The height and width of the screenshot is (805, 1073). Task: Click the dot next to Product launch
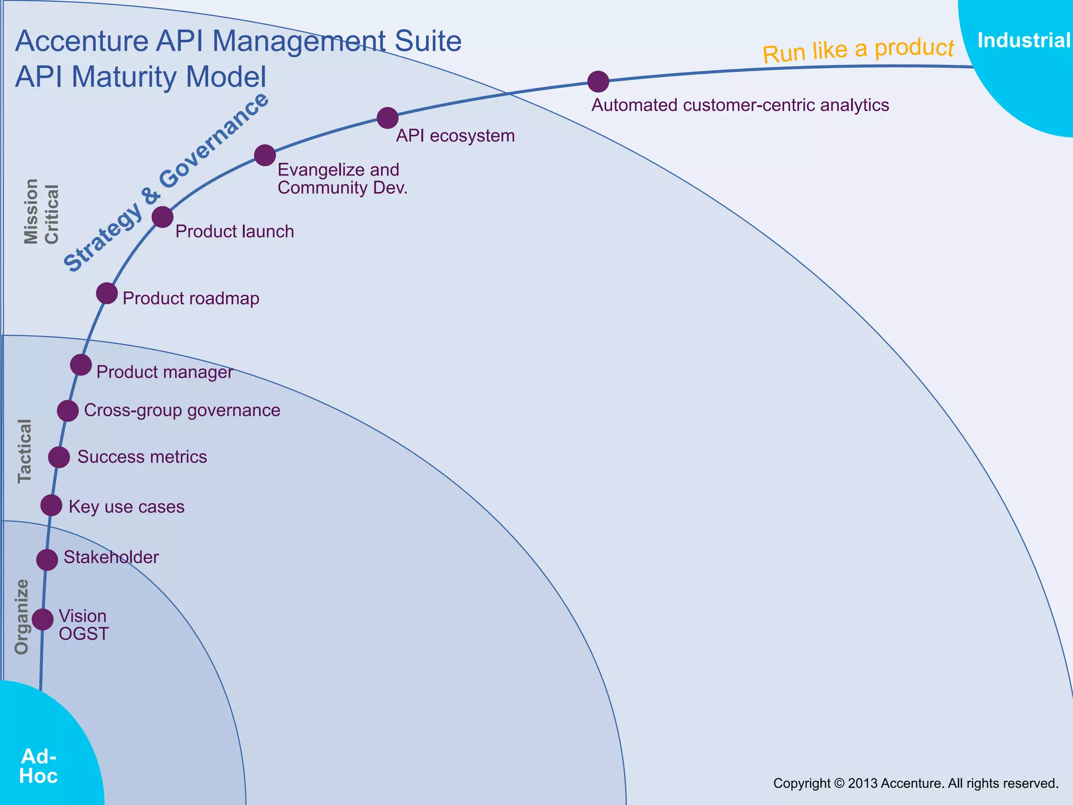click(162, 216)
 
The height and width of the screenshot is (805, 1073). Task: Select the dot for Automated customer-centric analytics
click(598, 81)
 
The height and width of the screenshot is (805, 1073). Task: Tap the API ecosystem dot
click(387, 118)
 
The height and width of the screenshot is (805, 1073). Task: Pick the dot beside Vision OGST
click(42, 619)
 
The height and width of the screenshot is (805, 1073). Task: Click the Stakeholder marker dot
click(47, 560)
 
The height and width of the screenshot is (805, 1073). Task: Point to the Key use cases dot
click(51, 505)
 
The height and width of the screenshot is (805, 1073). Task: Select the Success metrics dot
click(59, 457)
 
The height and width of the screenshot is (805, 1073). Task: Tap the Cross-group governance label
click(182, 410)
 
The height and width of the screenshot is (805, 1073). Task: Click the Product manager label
click(165, 372)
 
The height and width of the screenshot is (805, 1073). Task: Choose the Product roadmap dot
click(107, 293)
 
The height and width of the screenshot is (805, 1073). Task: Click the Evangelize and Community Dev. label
click(342, 179)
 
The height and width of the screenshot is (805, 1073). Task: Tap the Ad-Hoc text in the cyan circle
click(38, 766)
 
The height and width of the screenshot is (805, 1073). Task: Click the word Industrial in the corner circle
click(1023, 40)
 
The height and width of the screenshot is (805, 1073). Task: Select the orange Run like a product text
click(858, 50)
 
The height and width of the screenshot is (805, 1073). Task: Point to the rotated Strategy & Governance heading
click(166, 182)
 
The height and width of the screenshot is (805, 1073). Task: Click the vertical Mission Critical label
click(41, 212)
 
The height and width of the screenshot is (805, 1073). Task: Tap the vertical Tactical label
click(25, 451)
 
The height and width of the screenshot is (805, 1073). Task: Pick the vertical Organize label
click(21, 617)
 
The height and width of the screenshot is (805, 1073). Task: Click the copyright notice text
click(915, 783)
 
